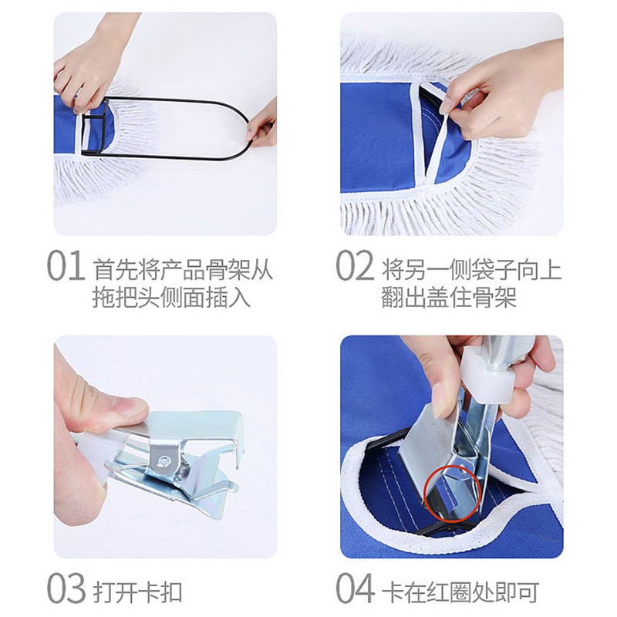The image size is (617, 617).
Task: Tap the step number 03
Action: [66, 588]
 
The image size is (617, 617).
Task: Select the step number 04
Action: [355, 588]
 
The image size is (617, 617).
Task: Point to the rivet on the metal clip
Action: [161, 461]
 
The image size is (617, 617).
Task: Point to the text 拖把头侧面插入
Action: [171, 297]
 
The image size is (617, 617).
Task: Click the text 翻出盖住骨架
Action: [449, 297]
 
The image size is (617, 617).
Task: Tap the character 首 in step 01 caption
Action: [104, 268]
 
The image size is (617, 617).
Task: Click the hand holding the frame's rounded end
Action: [261, 126]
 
